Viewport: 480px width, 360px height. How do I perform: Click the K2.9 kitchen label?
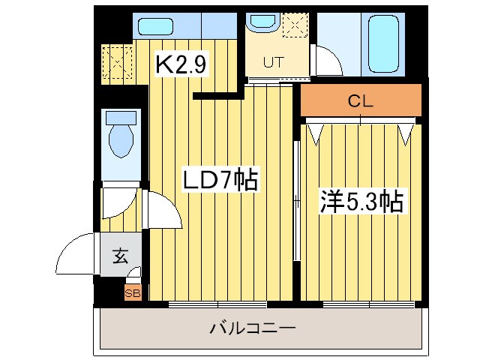pos(181,64)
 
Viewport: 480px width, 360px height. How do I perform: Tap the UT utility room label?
pos(272,64)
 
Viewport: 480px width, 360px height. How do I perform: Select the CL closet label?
pos(361,101)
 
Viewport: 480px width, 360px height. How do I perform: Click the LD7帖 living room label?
pos(222,181)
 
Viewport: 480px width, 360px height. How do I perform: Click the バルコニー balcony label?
pos(253,328)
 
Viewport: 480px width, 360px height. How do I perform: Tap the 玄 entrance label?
pos(120,256)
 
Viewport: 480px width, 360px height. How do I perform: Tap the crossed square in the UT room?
pos(295,26)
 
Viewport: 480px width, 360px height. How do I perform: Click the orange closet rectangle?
pos(361,101)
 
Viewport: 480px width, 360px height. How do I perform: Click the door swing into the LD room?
pos(163,212)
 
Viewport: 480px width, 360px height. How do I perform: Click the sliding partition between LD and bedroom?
pos(297,195)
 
